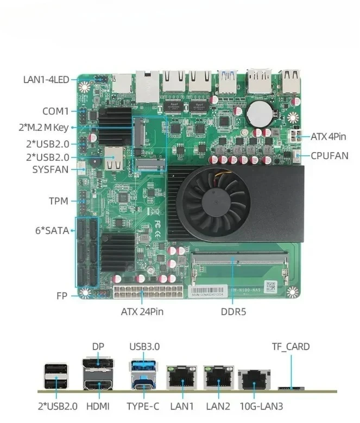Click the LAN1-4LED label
46,80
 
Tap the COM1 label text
55,111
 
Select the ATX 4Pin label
328,136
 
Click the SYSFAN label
50,169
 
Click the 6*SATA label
52,230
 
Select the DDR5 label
233,312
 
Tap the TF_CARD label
290,346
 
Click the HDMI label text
98,406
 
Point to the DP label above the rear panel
98,346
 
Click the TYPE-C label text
143,406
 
